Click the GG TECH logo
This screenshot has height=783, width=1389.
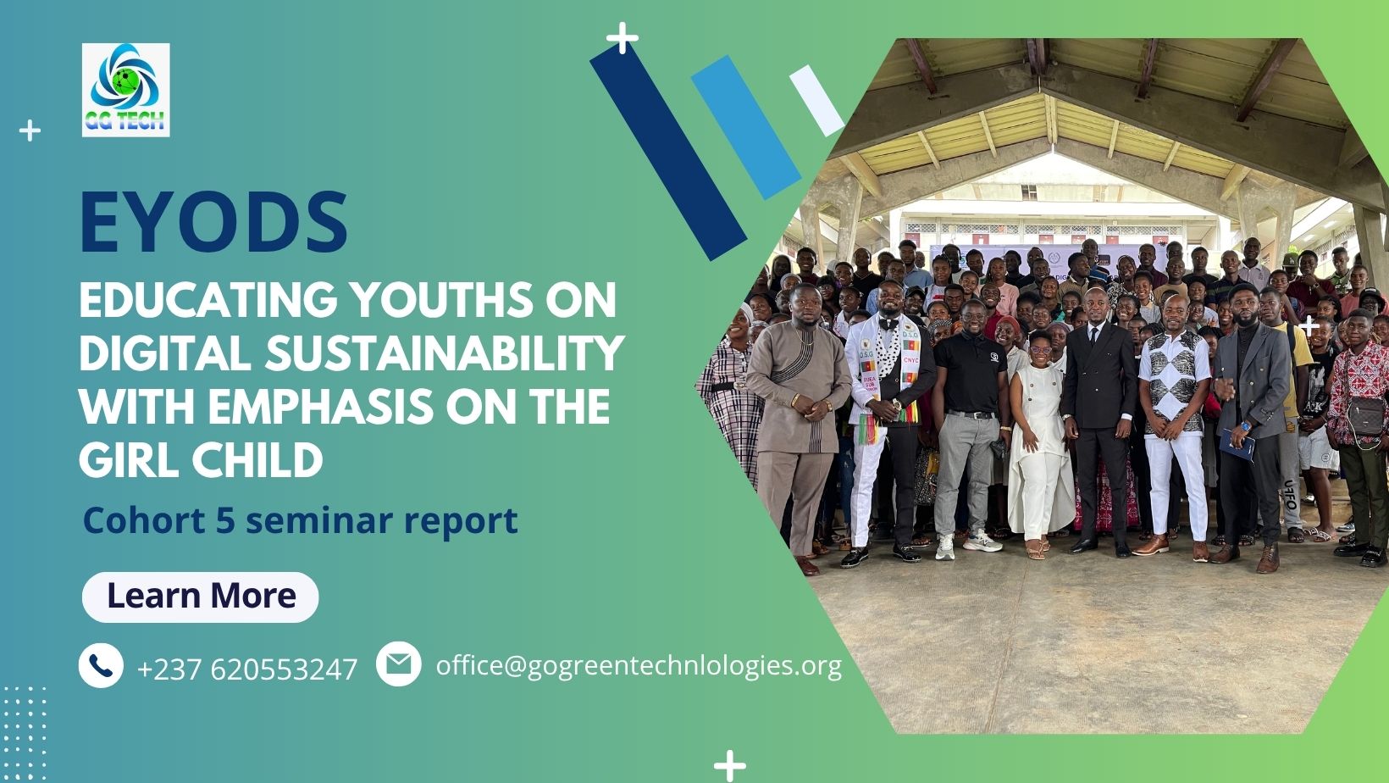click(x=126, y=90)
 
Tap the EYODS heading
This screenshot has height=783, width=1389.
click(x=213, y=223)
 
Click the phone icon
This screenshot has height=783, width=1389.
click(x=101, y=665)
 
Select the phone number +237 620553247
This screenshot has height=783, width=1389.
click(x=246, y=669)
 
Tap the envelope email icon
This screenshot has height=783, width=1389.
click(x=399, y=664)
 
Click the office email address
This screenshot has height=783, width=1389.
click(x=639, y=666)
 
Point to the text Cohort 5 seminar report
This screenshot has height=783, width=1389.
click(x=300, y=520)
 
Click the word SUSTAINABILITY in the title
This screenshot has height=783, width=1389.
click(x=445, y=353)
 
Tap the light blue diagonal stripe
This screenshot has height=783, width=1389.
click(x=746, y=127)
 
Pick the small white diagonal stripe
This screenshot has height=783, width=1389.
click(x=816, y=100)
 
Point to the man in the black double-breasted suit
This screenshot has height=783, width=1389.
click(x=1099, y=422)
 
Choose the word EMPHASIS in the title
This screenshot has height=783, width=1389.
click(x=320, y=407)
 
